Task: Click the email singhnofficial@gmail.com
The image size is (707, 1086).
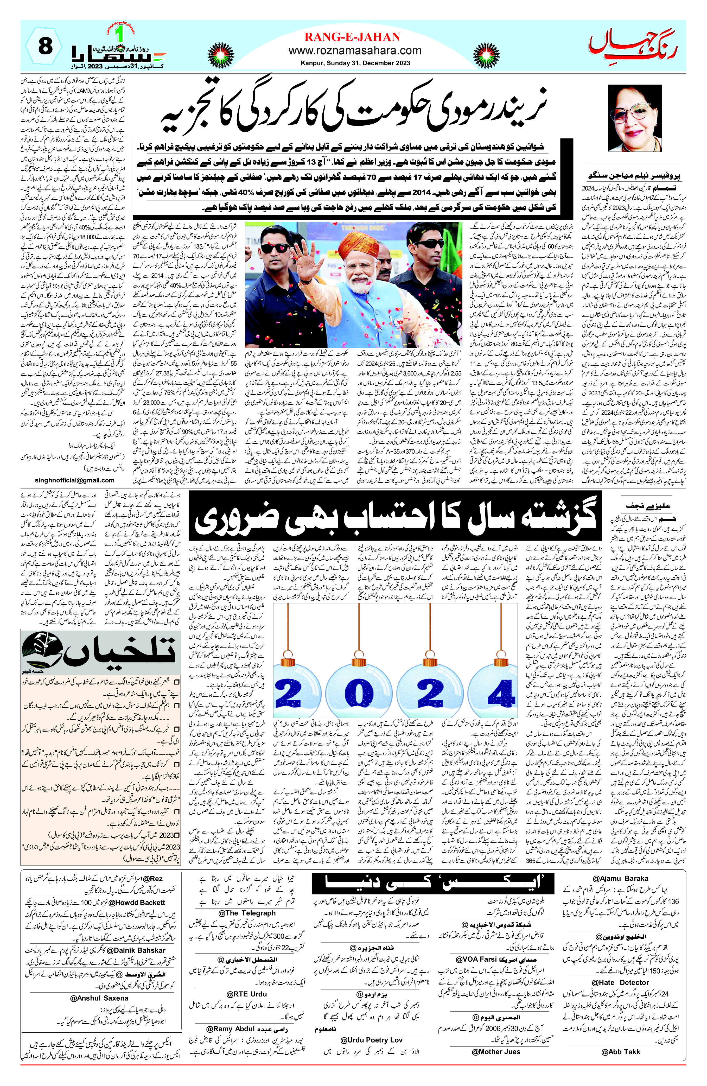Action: [x=75, y=480]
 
